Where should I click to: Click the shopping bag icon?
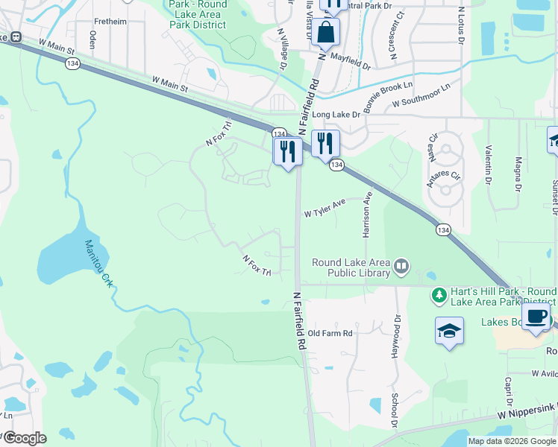pyautogui.click(x=326, y=32)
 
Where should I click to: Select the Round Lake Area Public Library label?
pyautogui.click(x=351, y=267)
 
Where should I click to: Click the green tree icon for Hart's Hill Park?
pyautogui.click(x=439, y=296)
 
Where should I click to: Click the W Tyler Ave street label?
pyautogui.click(x=325, y=208)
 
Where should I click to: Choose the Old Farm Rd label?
pyautogui.click(x=330, y=333)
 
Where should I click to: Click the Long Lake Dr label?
pyautogui.click(x=336, y=115)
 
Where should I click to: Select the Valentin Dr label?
pyautogui.click(x=489, y=165)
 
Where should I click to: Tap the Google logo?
pyautogui.click(x=24, y=437)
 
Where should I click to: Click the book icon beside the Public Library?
pyautogui.click(x=402, y=265)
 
